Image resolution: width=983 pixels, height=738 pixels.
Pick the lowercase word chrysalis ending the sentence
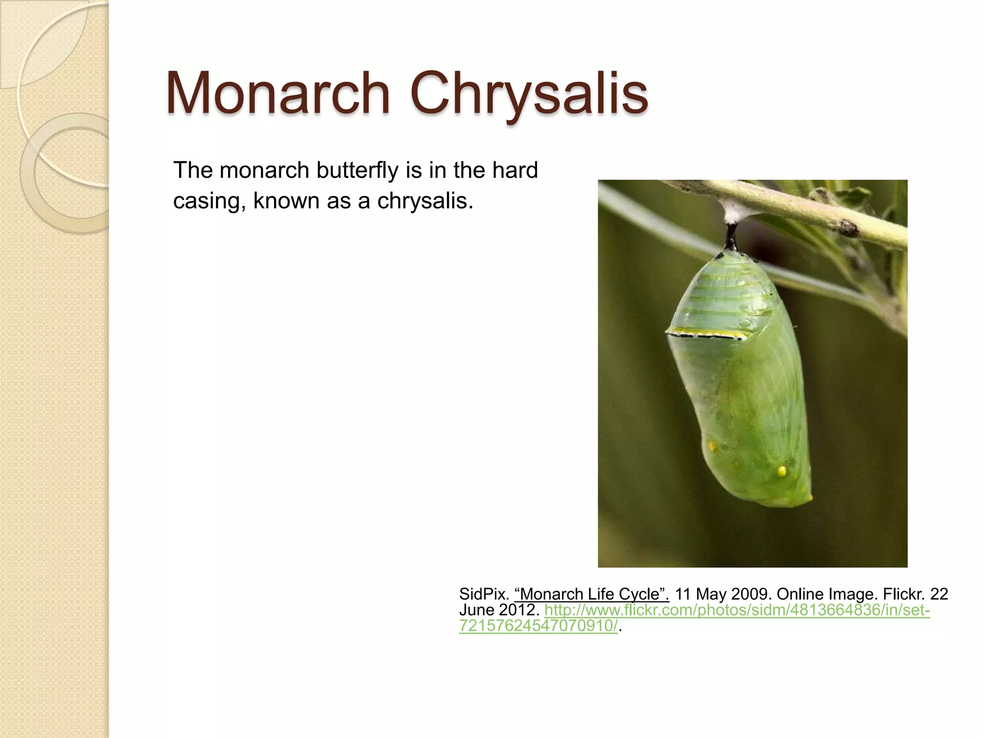pos(424,201)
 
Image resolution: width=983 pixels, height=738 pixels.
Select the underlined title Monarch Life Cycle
pos(591,594)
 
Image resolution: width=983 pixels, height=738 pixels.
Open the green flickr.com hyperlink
pos(737,610)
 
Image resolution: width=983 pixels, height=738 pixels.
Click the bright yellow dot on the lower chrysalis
pos(782,470)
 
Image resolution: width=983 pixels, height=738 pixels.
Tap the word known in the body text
pos(286,201)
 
